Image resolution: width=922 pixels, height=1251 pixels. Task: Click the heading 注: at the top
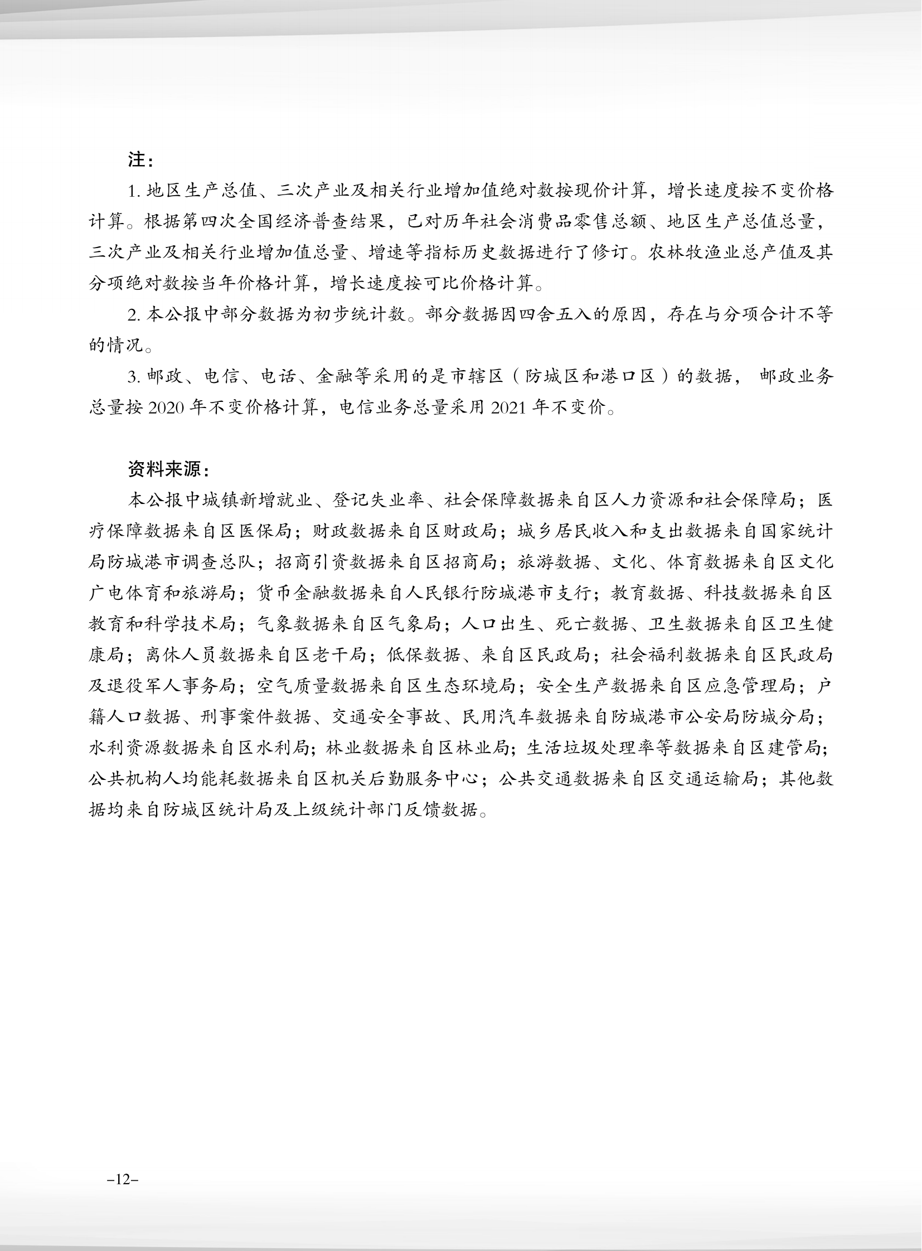pos(139,160)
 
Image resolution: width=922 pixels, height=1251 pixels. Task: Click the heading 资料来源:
pos(168,469)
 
